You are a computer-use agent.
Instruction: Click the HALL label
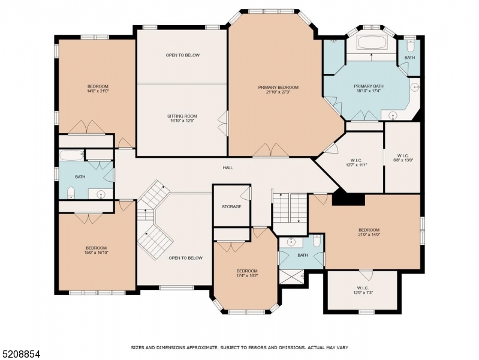tap(228, 168)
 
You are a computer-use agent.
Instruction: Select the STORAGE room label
tap(231, 206)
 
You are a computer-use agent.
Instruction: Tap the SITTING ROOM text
tap(182, 116)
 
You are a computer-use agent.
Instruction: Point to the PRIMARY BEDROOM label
tap(278, 87)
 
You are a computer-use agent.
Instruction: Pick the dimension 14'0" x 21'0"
tap(97, 92)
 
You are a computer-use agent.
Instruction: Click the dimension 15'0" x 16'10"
tap(96, 253)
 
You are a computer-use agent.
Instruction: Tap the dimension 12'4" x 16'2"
tap(246, 276)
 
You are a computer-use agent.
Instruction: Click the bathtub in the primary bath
tap(372, 43)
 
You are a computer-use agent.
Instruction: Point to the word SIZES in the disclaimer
tap(139, 347)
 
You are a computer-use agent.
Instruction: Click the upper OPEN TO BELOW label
tap(183, 55)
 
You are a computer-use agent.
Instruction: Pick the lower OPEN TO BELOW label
tap(185, 258)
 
